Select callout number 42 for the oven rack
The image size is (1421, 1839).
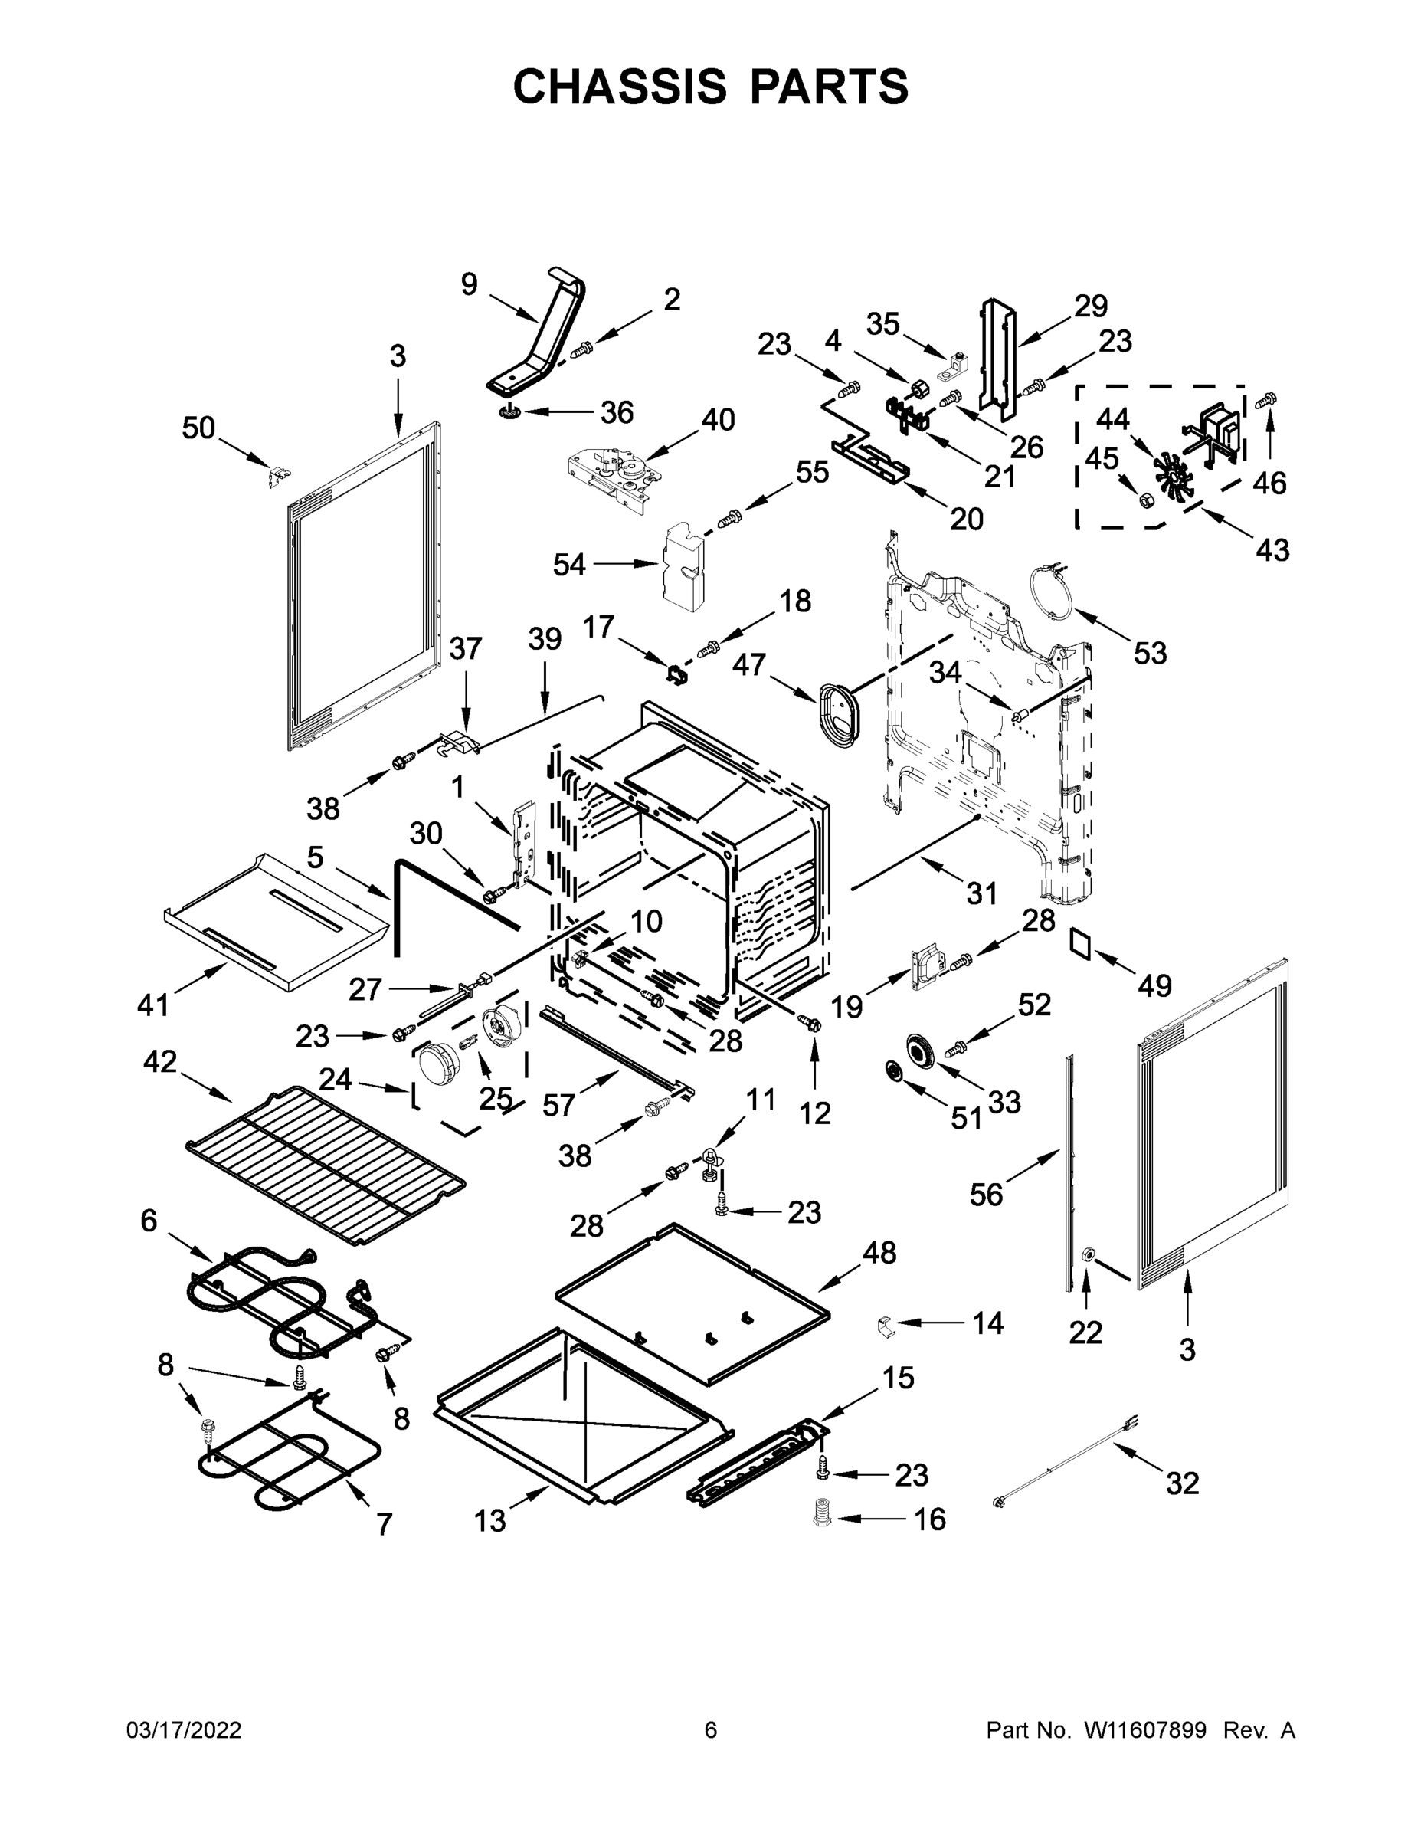[x=160, y=1062]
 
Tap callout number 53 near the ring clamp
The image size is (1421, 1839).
[x=1150, y=653]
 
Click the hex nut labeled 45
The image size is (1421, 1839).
[x=1145, y=500]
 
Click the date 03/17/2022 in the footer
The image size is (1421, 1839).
[x=184, y=1729]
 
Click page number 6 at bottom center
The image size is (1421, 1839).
[x=711, y=1729]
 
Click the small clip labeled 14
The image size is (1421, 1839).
[x=885, y=1325]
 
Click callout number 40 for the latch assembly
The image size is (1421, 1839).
[x=718, y=418]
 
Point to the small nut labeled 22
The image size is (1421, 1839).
[x=1086, y=1279]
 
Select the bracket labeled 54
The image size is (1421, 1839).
[x=684, y=565]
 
